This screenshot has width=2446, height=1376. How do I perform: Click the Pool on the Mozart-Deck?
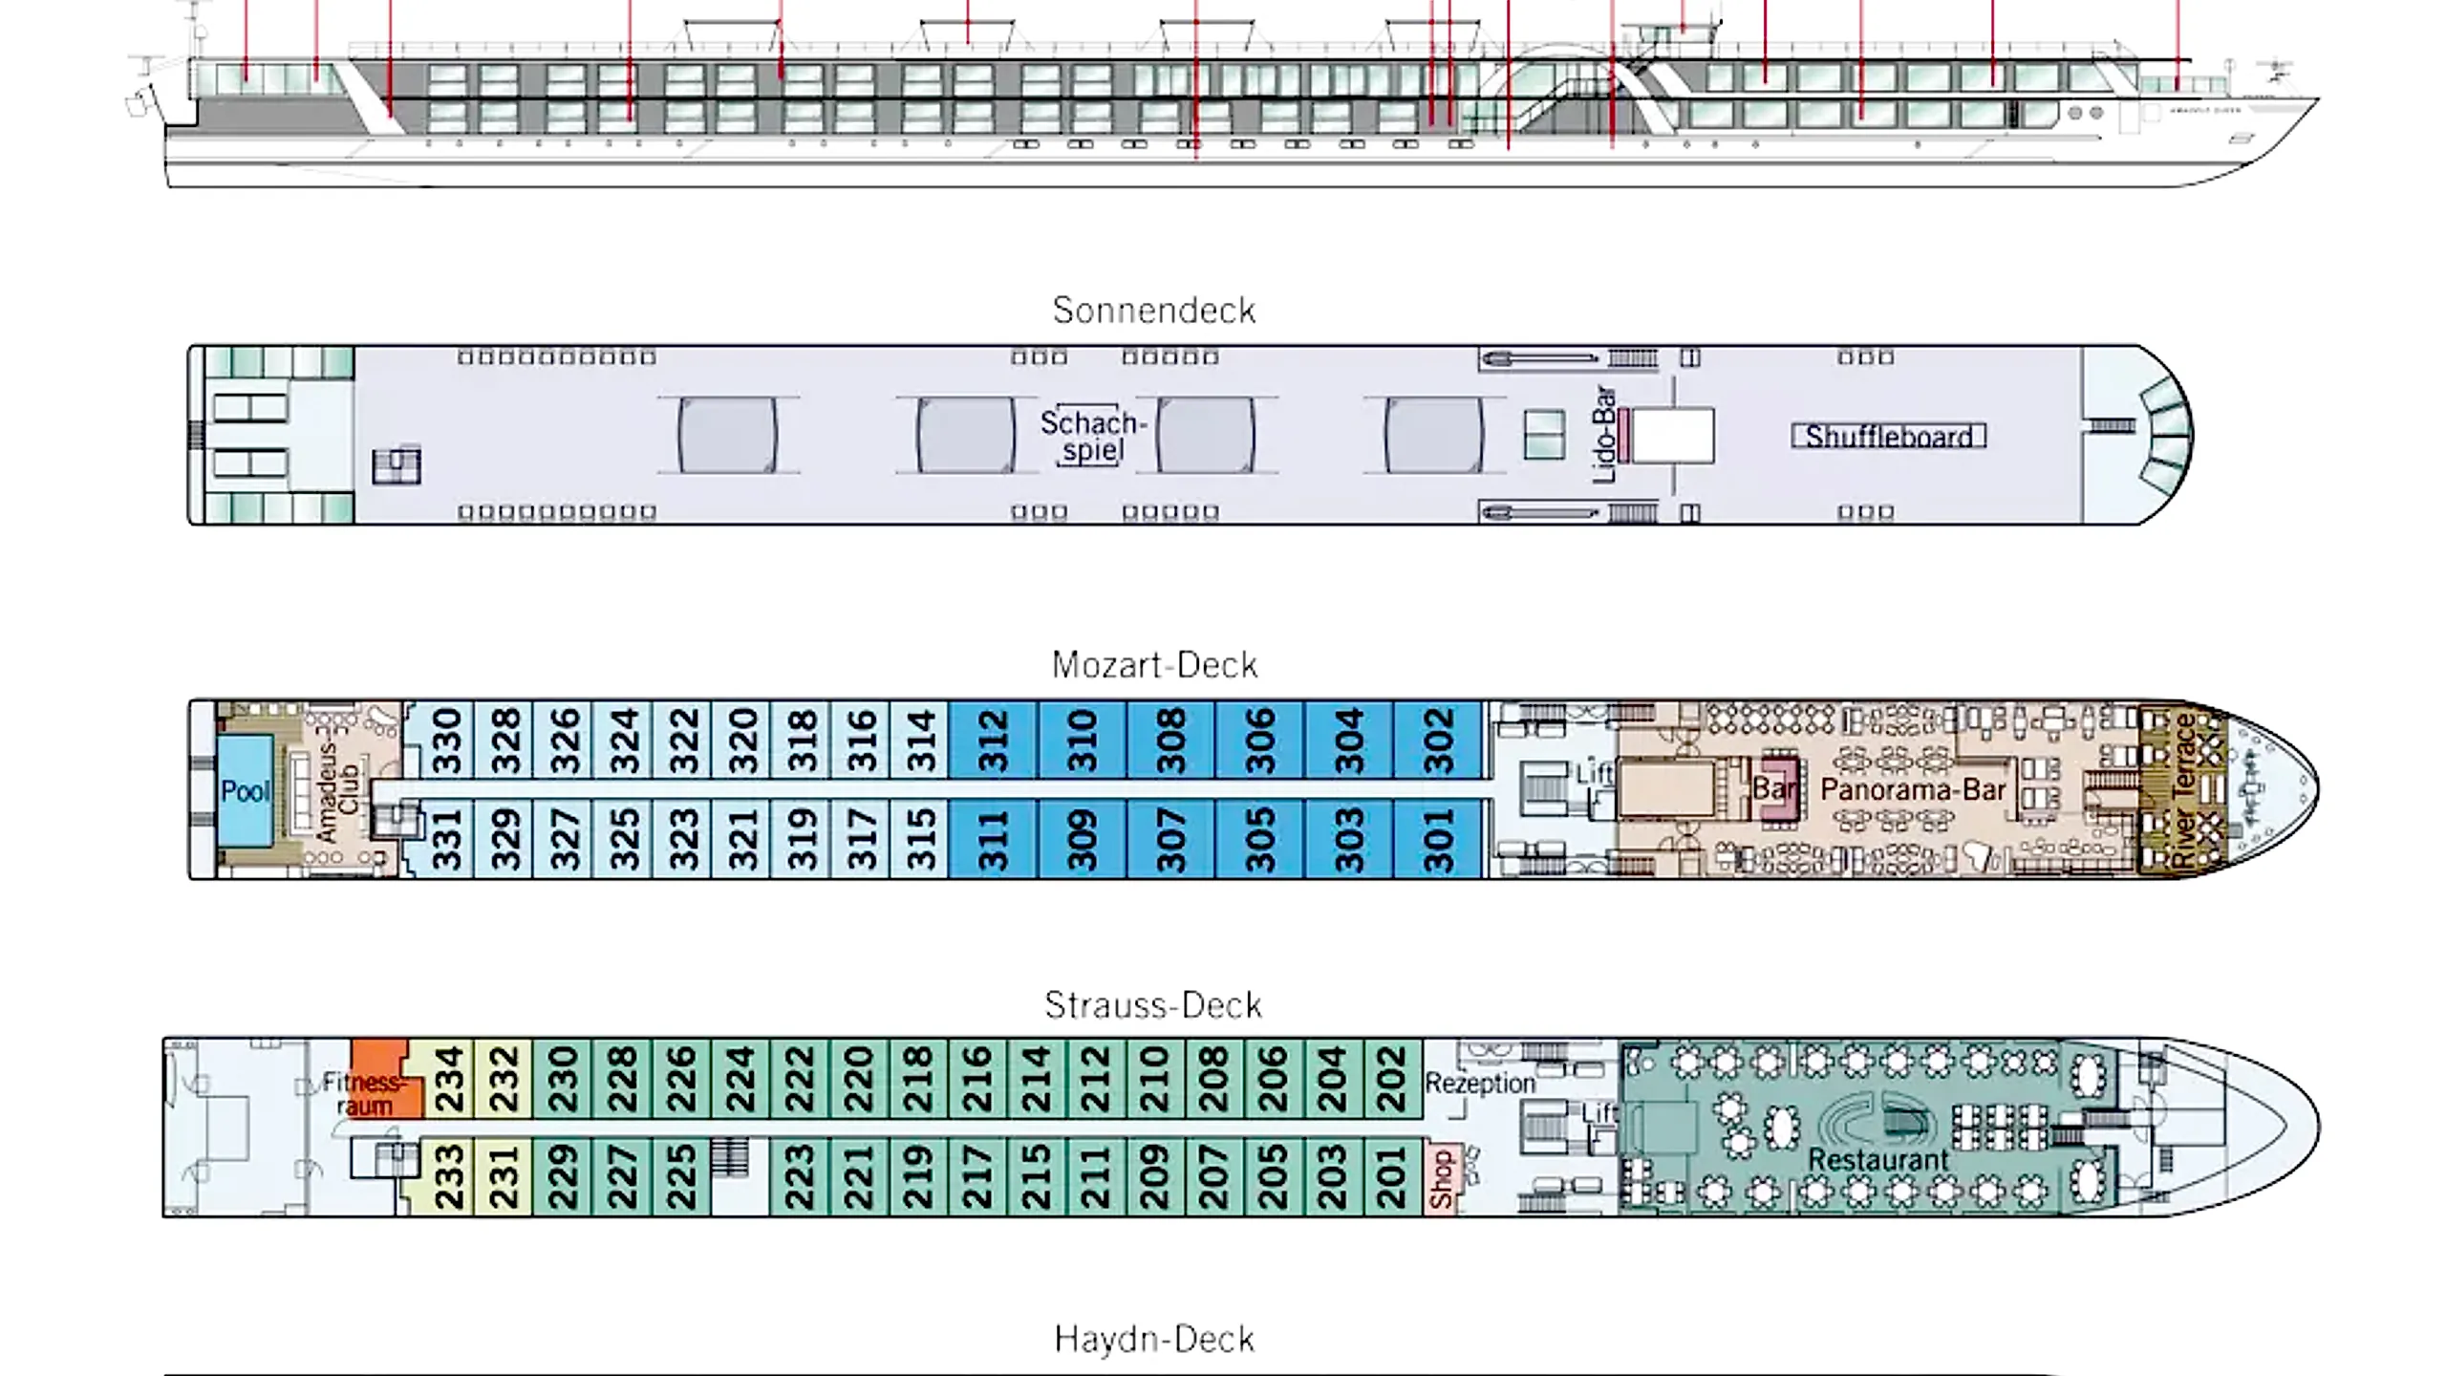(x=246, y=791)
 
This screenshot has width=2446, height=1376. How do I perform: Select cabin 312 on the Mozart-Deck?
(x=993, y=742)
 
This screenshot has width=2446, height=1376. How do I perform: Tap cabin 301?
(x=1438, y=840)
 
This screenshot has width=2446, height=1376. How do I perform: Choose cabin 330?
(x=446, y=742)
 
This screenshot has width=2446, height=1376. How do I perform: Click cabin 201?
(x=1392, y=1177)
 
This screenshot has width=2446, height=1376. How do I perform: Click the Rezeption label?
(x=1479, y=1084)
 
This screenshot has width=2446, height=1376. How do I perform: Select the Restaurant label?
(x=1877, y=1160)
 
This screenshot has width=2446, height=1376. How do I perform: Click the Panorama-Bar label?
(x=1912, y=790)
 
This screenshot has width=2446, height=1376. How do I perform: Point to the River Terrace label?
(x=2183, y=791)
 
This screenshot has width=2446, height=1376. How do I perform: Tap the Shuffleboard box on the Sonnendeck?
(x=1888, y=437)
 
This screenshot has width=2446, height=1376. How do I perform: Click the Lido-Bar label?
(x=1604, y=435)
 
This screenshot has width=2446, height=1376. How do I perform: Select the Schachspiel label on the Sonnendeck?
(x=1091, y=436)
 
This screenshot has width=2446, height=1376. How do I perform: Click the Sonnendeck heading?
(x=1153, y=311)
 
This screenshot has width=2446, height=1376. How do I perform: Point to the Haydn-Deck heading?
(x=1153, y=1340)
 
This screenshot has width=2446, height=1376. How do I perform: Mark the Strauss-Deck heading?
(x=1153, y=1005)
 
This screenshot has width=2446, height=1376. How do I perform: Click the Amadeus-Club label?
(x=338, y=791)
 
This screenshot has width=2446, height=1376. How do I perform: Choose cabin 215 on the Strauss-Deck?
(x=1036, y=1177)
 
